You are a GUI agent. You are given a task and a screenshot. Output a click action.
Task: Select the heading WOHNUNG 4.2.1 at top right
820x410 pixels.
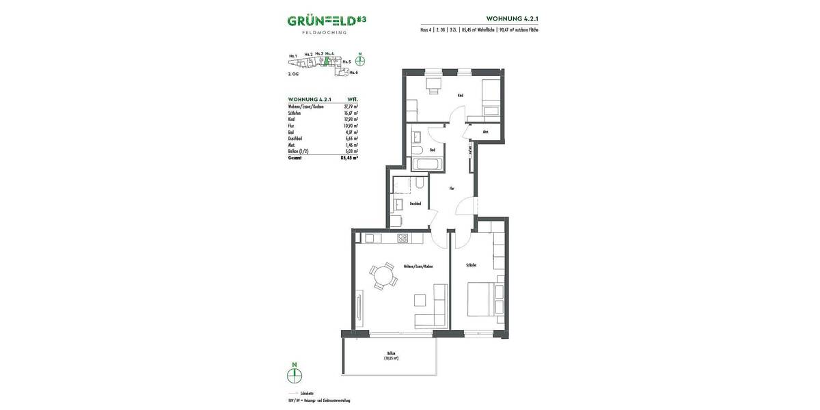512,18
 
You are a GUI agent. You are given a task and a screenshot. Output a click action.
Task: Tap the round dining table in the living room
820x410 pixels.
383,277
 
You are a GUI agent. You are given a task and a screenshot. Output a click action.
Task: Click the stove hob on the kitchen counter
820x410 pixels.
402,238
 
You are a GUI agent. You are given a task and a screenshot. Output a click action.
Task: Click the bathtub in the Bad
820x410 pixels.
427,164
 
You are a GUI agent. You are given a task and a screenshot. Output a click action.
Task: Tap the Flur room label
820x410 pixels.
452,188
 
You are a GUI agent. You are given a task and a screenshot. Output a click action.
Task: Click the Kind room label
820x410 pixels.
461,95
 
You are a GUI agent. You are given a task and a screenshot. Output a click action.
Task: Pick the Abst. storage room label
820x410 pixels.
484,132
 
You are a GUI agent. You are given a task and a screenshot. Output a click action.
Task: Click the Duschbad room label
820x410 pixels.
414,203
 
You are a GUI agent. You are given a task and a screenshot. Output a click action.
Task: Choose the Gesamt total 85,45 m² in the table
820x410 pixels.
349,157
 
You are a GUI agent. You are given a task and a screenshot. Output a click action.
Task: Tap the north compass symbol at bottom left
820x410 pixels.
295,374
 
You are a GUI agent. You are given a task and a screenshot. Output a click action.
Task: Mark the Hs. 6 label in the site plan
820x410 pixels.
353,72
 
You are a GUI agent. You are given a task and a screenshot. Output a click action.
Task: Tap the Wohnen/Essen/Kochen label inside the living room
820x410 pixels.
418,266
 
